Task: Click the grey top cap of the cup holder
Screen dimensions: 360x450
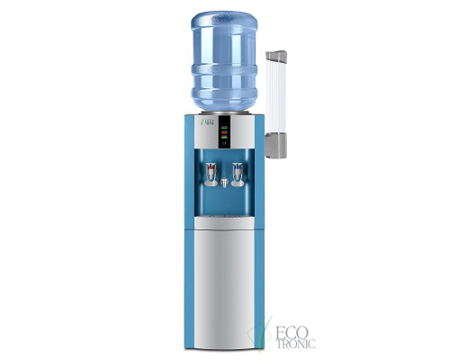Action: (278, 57)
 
